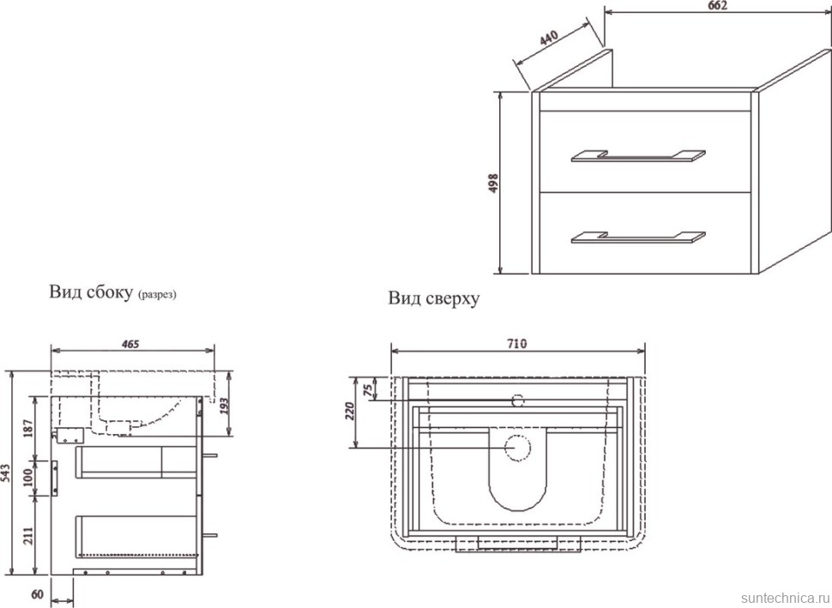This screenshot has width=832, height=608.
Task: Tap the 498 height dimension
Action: [492, 184]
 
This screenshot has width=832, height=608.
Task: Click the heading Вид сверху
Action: [433, 298]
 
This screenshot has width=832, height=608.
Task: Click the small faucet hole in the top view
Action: [517, 400]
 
